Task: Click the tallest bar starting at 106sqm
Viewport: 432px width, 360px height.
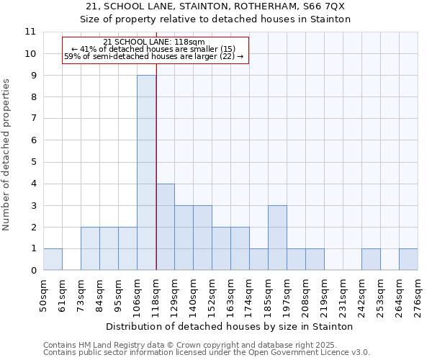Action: click(146, 173)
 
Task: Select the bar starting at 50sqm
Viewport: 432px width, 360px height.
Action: click(53, 259)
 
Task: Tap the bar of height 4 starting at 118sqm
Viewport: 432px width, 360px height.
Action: click(165, 227)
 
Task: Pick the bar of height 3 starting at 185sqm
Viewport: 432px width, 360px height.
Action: click(277, 238)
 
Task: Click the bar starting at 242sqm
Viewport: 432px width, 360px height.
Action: click(371, 259)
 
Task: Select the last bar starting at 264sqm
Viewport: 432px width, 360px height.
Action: click(408, 259)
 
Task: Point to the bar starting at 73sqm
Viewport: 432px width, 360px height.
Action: click(90, 248)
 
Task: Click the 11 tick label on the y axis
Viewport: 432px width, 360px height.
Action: click(30, 32)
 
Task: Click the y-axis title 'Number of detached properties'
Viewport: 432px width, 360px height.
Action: click(6, 156)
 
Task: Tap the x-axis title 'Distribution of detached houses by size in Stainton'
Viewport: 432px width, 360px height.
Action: click(230, 326)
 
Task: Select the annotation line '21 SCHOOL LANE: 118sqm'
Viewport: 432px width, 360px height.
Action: click(154, 42)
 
